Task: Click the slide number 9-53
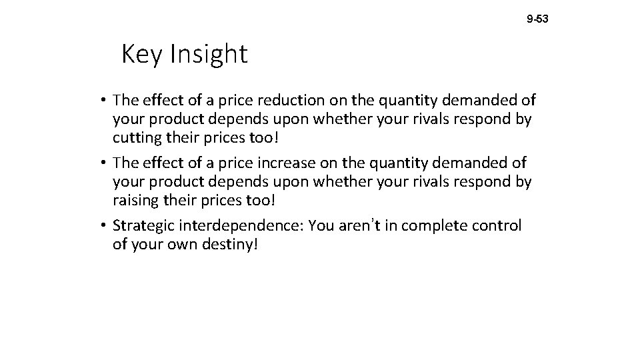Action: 537,19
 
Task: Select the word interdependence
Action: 237,226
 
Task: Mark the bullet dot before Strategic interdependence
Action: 105,226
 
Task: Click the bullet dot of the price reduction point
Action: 105,100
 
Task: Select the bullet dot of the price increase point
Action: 105,163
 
